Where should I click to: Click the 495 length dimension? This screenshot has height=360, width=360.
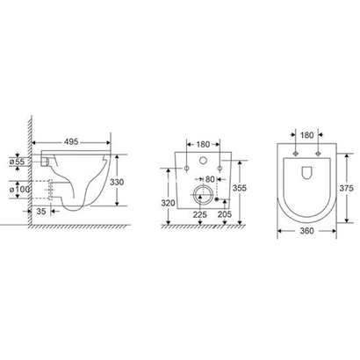[x=71, y=141]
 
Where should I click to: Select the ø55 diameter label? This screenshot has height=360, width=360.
[x=18, y=162]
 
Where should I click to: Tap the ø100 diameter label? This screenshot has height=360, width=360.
[x=19, y=190]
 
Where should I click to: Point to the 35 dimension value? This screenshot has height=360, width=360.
[x=41, y=211]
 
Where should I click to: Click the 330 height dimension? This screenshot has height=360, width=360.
[x=117, y=182]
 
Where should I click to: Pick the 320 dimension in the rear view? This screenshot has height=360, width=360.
[x=168, y=203]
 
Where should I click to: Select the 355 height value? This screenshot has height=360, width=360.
[x=240, y=188]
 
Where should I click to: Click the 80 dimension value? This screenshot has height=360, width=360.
[x=210, y=179]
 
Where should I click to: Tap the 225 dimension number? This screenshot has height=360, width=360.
[x=199, y=214]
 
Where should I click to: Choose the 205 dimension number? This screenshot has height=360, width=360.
[x=225, y=214]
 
